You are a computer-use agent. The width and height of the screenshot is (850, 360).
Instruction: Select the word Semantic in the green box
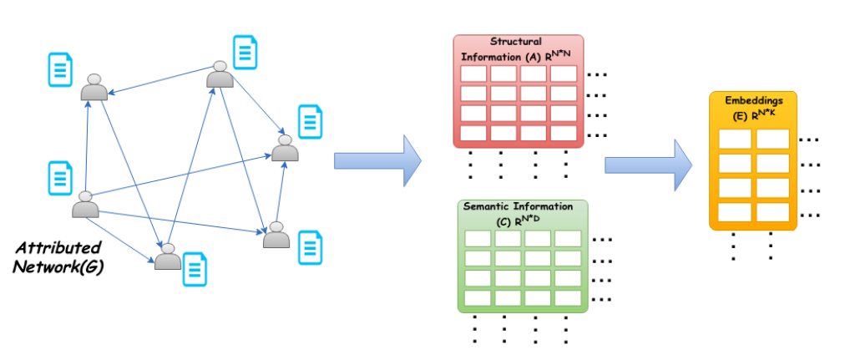[x=493, y=205]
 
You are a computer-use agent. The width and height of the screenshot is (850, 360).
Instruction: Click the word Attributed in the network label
[x=60, y=248]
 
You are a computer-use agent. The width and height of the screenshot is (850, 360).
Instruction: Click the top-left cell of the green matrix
[x=478, y=238]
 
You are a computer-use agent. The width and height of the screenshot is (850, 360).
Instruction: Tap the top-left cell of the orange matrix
[x=735, y=139]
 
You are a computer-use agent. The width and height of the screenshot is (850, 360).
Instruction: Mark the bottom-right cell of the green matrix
[x=567, y=297]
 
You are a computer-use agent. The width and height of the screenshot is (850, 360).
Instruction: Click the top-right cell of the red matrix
[x=563, y=74]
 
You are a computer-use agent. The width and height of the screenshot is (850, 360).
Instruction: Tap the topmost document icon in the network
[x=244, y=51]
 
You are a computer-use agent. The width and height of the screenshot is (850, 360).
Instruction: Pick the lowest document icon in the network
[x=195, y=267]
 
